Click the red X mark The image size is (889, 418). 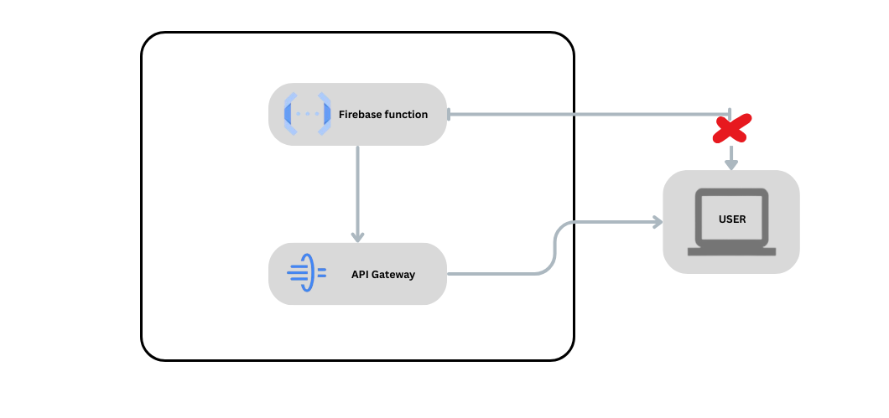click(731, 129)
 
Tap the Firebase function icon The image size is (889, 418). click(307, 114)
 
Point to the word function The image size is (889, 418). click(407, 115)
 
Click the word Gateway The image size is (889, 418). click(394, 275)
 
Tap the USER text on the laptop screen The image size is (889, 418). click(731, 219)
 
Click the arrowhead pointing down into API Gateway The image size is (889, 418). click(357, 236)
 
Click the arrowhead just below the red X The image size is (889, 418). click(731, 163)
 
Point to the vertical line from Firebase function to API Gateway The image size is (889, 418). click(357, 188)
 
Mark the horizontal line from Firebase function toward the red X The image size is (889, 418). click(587, 114)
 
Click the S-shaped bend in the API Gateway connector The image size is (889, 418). click(554, 248)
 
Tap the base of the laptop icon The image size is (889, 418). click(731, 251)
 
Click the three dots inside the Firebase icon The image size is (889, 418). click(307, 114)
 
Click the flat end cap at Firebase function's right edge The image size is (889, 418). click(450, 114)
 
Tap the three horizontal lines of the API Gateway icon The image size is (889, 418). click(296, 273)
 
